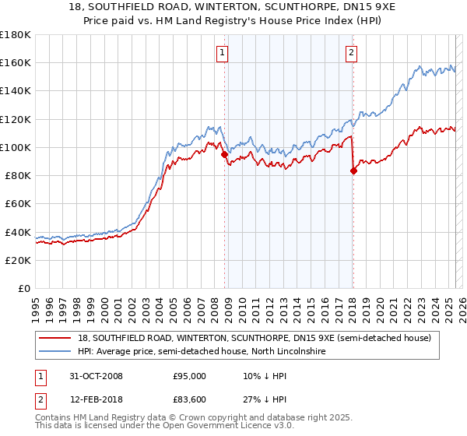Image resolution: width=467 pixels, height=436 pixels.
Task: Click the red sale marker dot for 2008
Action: tap(225, 154)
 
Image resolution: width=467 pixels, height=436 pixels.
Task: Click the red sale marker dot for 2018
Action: tap(353, 171)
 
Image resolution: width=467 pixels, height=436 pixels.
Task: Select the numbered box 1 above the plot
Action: tap(223, 53)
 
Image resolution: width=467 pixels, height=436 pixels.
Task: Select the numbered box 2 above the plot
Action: tap(351, 53)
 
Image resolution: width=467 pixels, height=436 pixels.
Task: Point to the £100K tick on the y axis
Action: tap(16, 147)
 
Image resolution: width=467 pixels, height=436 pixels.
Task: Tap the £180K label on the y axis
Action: tap(16, 35)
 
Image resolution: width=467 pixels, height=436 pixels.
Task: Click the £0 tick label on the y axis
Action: tap(25, 288)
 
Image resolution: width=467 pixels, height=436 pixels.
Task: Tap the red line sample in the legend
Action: tap(55, 338)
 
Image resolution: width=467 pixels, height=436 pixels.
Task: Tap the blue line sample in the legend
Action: tap(55, 352)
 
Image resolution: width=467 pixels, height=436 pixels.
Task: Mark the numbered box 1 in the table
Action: tap(40, 376)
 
